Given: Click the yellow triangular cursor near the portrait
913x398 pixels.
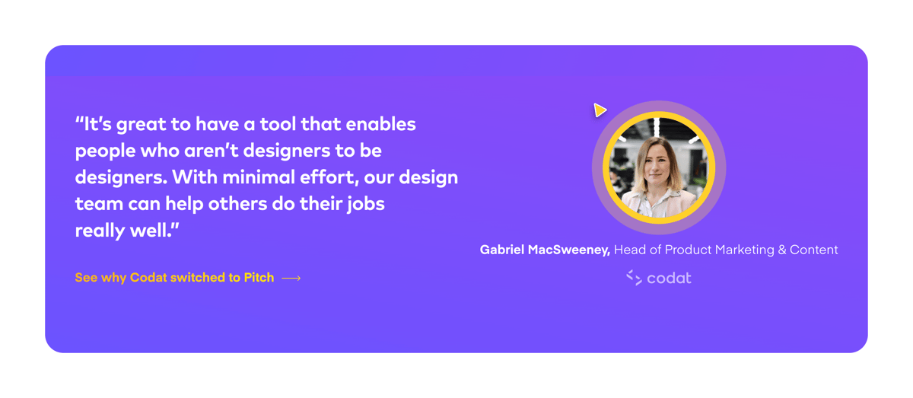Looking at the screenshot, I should pyautogui.click(x=600, y=110).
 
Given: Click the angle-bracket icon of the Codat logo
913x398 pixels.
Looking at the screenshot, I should pyautogui.click(x=634, y=278).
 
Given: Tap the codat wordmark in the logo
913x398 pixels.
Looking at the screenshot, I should pyautogui.click(x=669, y=278).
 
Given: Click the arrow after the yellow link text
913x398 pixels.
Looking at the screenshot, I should pyautogui.click(x=291, y=279).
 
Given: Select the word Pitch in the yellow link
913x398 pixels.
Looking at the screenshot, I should pyautogui.click(x=259, y=278).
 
